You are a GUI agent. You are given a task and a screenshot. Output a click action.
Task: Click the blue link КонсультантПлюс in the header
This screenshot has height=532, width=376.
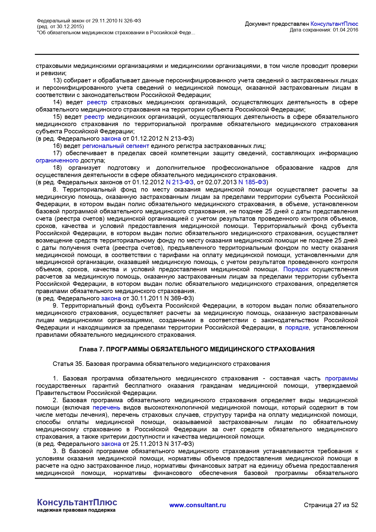[x=334, y=24]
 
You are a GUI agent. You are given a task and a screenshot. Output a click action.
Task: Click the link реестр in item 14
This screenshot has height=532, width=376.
[x=97, y=102]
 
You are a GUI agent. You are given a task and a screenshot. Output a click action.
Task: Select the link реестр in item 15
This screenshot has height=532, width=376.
[x=94, y=117]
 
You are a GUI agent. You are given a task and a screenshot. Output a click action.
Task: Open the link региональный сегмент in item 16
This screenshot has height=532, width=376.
[x=116, y=146]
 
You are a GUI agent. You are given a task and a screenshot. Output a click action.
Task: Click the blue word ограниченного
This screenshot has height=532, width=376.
[x=57, y=161]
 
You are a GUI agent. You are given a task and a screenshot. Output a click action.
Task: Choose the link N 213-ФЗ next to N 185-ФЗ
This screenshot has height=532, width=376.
[x=180, y=182]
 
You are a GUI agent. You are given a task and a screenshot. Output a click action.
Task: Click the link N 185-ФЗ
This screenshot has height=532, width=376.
[x=252, y=182]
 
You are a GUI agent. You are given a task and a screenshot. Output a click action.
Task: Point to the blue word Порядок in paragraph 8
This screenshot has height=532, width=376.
[x=296, y=269]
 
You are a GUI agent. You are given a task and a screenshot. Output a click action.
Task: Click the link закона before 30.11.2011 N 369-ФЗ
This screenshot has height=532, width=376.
[x=111, y=299]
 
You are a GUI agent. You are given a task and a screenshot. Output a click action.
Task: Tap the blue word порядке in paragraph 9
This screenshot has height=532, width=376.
[x=297, y=328]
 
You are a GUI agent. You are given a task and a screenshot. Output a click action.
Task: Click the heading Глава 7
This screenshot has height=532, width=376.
[x=197, y=350]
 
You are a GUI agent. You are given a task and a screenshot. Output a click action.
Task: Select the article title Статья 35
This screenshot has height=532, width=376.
[x=161, y=364]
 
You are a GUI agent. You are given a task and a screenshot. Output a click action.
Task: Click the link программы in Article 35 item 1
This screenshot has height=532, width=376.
[x=341, y=379]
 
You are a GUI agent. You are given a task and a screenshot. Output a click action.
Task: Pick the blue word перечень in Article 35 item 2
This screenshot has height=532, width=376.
[x=106, y=408]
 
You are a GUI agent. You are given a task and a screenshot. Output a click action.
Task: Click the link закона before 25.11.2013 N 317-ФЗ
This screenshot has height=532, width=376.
[x=111, y=444]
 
